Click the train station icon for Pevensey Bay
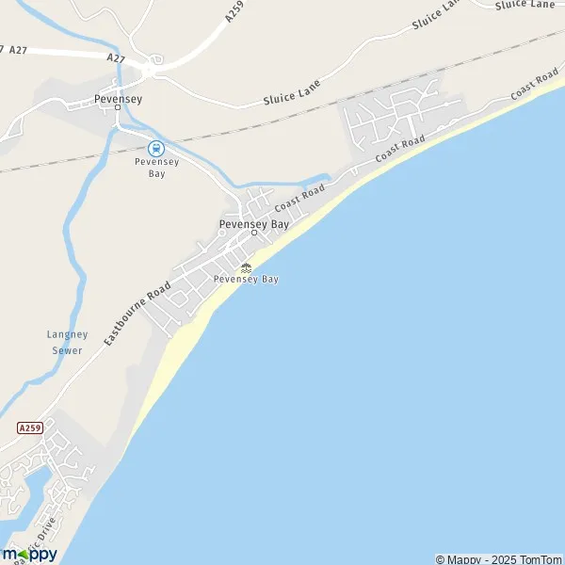[x=155, y=147]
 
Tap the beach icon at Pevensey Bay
[x=246, y=267]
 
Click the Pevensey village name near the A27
[x=118, y=97]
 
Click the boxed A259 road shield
[x=30, y=427]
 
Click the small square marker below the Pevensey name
[x=118, y=107]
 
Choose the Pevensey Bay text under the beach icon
[x=246, y=280]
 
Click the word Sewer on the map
[x=68, y=350]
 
